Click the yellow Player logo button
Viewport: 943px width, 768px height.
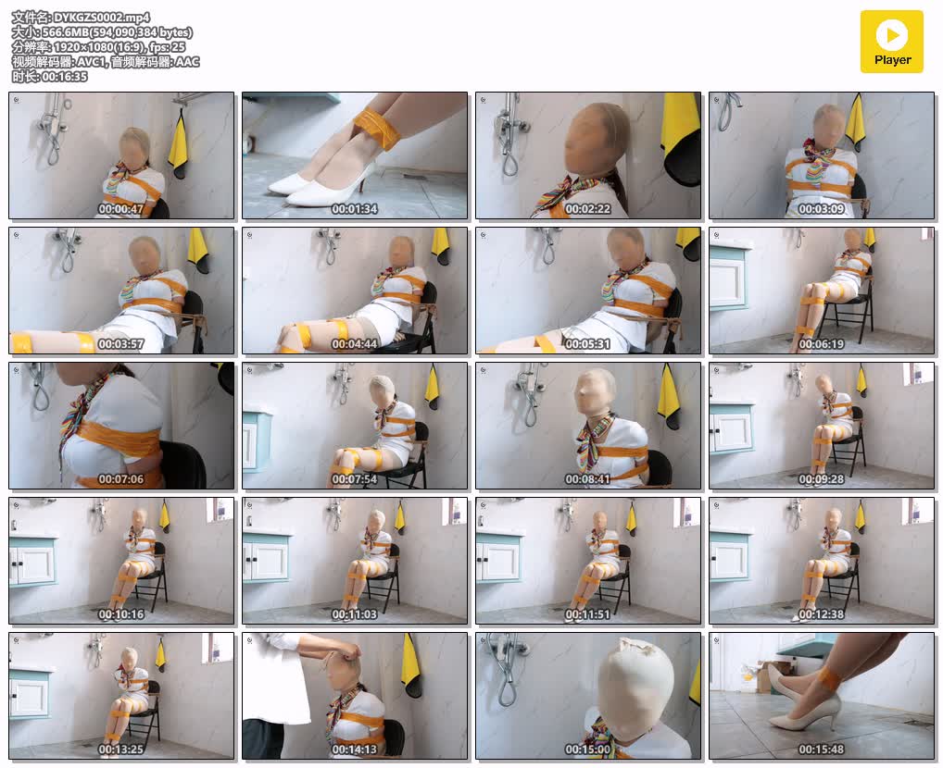click(x=891, y=42)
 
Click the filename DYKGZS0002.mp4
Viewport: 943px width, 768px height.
click(x=102, y=18)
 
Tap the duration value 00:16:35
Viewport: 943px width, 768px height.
click(x=64, y=76)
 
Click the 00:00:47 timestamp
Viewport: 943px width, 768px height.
click(x=120, y=209)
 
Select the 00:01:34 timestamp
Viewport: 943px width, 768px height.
click(x=354, y=209)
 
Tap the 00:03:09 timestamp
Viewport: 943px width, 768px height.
click(x=821, y=209)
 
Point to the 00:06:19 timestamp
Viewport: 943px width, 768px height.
click(x=821, y=344)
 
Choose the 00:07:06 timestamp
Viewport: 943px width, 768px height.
click(x=120, y=479)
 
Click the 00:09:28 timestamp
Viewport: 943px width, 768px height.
click(x=821, y=479)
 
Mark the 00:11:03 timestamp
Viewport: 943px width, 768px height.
click(x=354, y=614)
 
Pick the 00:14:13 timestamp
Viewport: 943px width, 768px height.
click(x=354, y=749)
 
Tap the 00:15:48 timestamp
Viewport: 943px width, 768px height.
click(x=821, y=749)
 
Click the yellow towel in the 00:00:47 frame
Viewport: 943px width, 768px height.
click(x=178, y=144)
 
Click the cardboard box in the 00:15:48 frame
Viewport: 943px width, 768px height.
click(x=773, y=677)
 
